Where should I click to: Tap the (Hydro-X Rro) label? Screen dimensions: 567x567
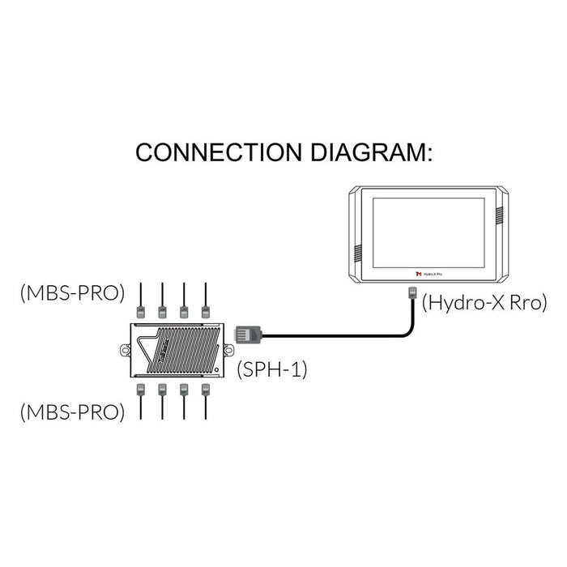tap(484, 303)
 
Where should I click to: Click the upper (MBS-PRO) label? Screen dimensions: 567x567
tap(72, 292)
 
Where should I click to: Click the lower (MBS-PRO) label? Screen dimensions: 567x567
tap(72, 412)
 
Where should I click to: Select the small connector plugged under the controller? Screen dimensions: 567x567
tap(411, 293)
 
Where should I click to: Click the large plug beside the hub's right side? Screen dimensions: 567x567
tap(247, 333)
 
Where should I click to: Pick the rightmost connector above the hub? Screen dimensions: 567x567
tap(204, 310)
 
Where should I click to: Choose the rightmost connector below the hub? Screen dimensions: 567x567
tap(204, 390)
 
